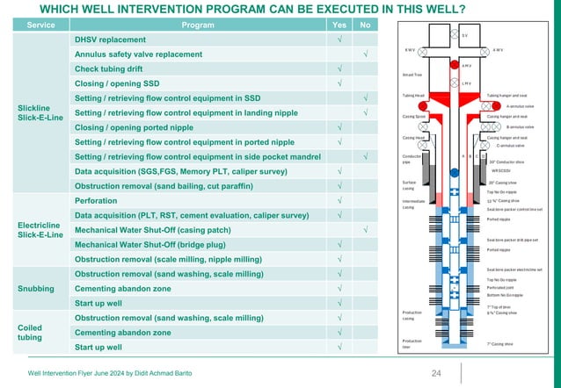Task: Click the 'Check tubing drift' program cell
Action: tap(98, 69)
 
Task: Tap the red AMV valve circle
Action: tap(454, 66)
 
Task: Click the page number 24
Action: tap(435, 373)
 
